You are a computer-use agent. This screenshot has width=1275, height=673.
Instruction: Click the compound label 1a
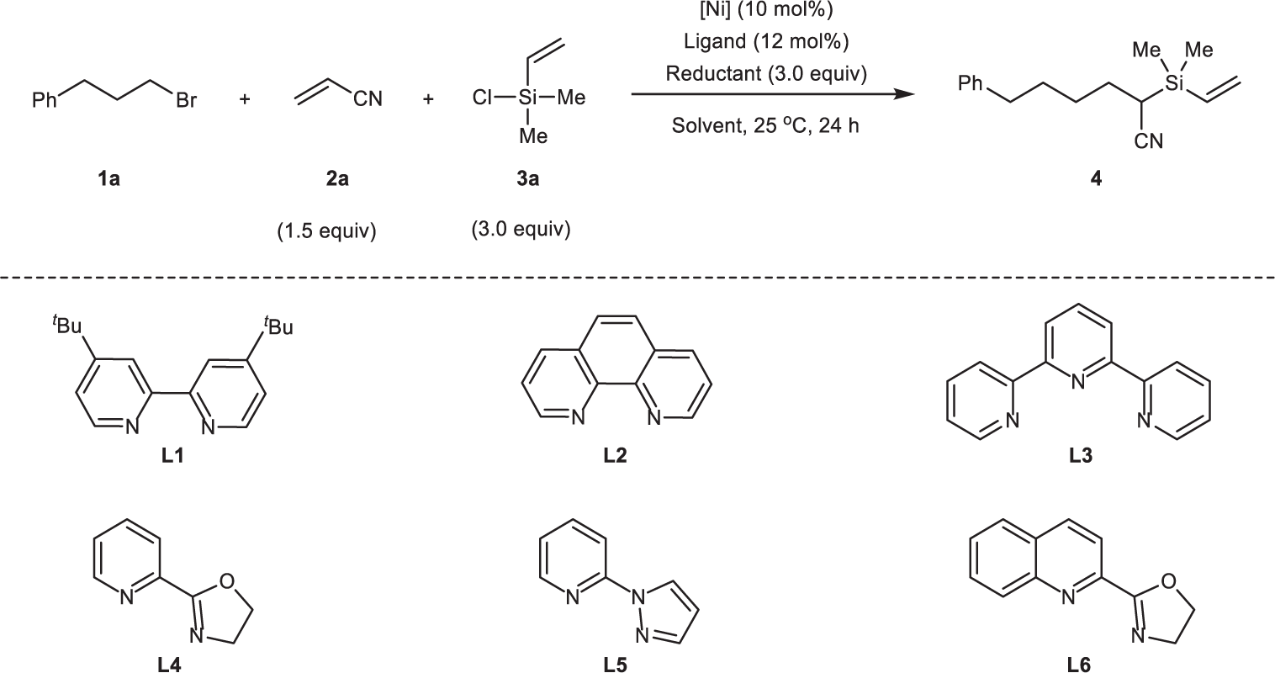coord(108,178)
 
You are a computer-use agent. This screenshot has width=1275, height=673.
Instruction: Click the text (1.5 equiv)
coord(327,231)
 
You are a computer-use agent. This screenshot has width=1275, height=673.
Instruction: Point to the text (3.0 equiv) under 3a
coord(521,230)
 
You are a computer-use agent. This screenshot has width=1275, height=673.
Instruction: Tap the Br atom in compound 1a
coord(187,101)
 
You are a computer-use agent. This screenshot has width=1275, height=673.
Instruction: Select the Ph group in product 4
coord(971,84)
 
